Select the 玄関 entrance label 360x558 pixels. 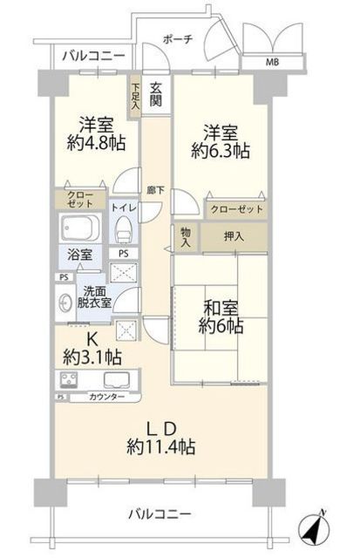point(155,93)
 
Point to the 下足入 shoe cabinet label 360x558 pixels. point(136,95)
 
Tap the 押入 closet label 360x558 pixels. point(234,235)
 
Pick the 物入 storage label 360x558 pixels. point(186,237)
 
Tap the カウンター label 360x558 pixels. point(107,397)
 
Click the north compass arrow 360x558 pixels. point(311,527)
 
